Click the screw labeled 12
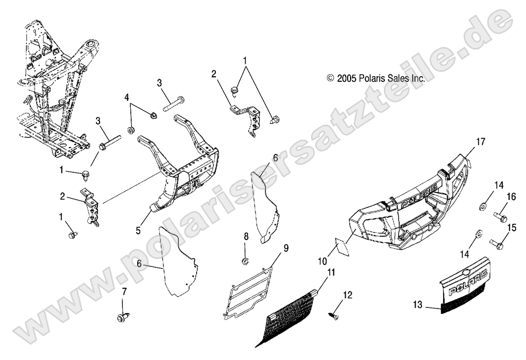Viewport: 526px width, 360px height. (x=334, y=313)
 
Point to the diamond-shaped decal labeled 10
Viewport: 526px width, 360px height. (x=342, y=246)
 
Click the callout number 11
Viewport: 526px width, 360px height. (x=330, y=272)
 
